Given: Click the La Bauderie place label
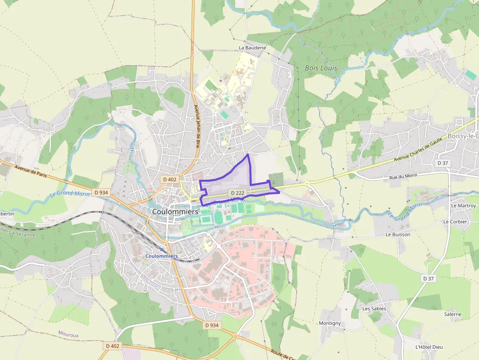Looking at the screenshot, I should pyautogui.click(x=252, y=48).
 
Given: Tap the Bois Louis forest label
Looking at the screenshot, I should pyautogui.click(x=321, y=68).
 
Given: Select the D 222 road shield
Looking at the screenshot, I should pyautogui.click(x=237, y=193).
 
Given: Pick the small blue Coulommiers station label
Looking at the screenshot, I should pyautogui.click(x=162, y=256).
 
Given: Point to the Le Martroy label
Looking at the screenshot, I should pyautogui.click(x=459, y=206).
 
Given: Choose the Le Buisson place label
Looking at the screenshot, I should pyautogui.click(x=398, y=234).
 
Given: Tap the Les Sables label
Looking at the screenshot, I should pyautogui.click(x=374, y=309).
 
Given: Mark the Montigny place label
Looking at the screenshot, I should pyautogui.click(x=329, y=323).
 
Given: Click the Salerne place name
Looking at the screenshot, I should pyautogui.click(x=453, y=314).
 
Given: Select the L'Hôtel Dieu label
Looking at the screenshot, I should pyautogui.click(x=429, y=347).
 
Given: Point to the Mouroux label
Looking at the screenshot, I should pyautogui.click(x=68, y=335).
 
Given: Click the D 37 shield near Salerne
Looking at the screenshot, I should pyautogui.click(x=428, y=278).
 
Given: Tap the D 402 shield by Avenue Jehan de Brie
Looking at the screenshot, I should pyautogui.click(x=169, y=179).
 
